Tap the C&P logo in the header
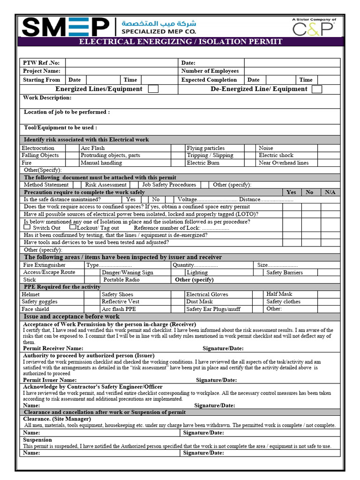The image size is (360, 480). coord(314,28)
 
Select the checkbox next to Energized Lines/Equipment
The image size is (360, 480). coord(153,89)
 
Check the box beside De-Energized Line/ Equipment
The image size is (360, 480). coord(317,89)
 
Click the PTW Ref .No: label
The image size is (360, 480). coord(42,63)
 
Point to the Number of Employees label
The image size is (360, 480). coord(210,71)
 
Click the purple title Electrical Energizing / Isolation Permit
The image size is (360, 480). coord(180,42)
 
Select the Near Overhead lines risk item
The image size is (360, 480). coord(284,163)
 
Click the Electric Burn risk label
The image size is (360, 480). coord(203,163)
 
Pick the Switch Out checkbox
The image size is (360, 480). coord(27,227)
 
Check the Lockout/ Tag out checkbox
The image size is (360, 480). coord(72,227)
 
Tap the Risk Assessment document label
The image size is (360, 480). coord(105,185)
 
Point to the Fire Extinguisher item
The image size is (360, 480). coord(45,265)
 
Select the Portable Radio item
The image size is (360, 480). coord(121,280)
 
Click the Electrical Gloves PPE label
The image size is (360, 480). coord(207,294)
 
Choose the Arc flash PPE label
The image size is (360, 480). coord(119,309)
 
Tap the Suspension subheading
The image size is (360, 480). coord(37,440)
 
